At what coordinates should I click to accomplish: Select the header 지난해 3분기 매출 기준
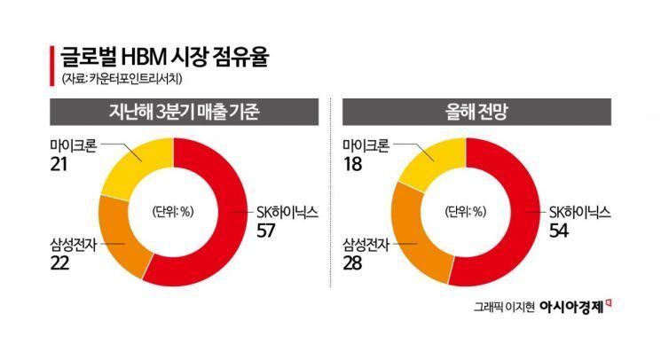(x=177, y=113)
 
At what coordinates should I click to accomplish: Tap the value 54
(x=558, y=231)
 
